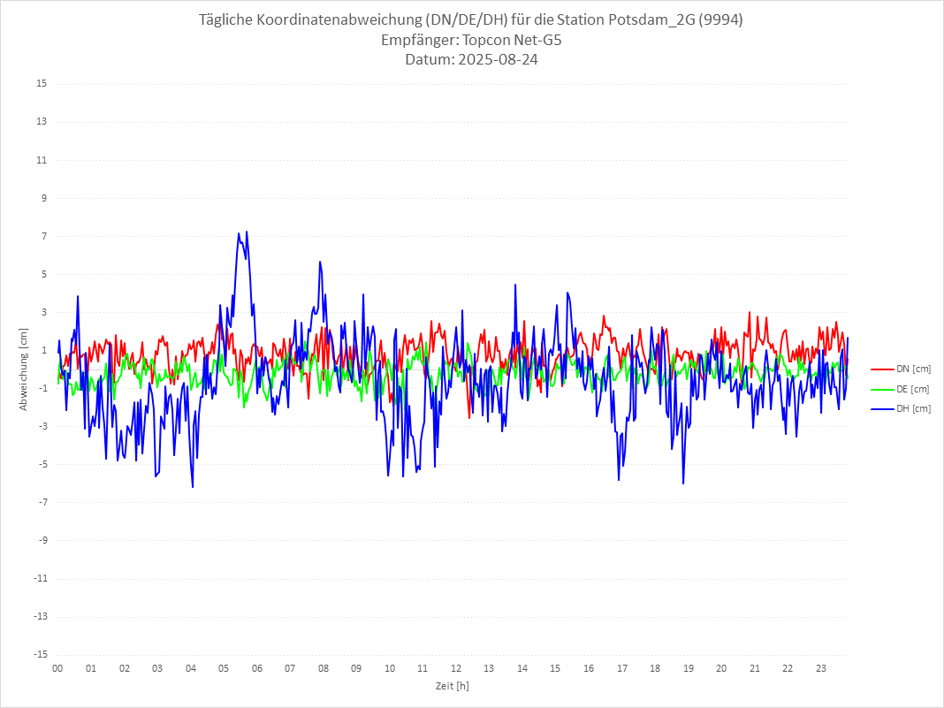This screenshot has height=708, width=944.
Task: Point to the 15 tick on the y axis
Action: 42,84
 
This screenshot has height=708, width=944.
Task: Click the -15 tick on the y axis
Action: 40,654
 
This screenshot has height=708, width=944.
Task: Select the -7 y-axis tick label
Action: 42,502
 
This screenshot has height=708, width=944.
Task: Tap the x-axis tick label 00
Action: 57,668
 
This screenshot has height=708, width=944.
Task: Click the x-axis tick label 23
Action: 821,668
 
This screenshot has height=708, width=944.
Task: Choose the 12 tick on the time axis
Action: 456,668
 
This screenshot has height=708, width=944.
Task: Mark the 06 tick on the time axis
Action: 256,668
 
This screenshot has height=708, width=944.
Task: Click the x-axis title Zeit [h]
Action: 452,685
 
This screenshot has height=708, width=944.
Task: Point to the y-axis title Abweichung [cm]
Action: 24,369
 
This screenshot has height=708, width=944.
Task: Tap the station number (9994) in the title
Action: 720,20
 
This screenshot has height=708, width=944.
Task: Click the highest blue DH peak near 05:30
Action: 247,232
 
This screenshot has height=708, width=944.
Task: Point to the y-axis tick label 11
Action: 42,160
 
